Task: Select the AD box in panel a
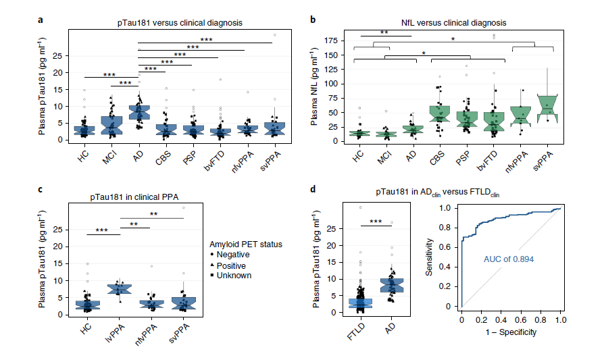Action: (x=138, y=111)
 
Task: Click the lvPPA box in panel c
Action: (x=120, y=289)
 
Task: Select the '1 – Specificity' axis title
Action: (x=510, y=333)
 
